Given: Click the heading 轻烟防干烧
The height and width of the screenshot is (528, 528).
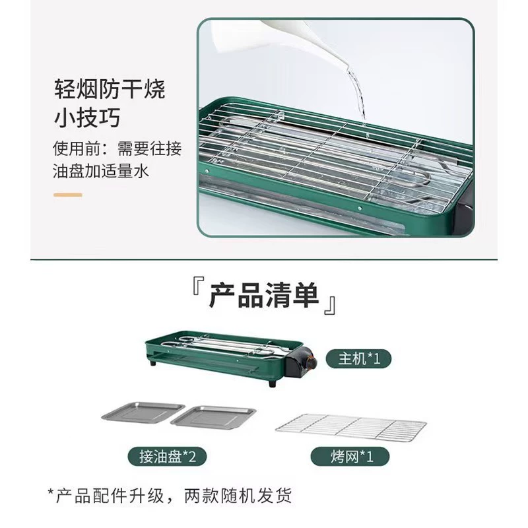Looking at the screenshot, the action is click(x=110, y=90).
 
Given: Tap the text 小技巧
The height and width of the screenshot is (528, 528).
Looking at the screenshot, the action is click(x=87, y=118).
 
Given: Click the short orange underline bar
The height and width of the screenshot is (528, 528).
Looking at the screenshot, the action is click(x=68, y=195).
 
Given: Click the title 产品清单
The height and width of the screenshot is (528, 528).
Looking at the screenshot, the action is click(x=264, y=296).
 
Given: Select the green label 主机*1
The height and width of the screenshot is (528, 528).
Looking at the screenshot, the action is click(x=358, y=358).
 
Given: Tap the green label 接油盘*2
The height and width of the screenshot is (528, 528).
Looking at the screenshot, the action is click(x=167, y=457).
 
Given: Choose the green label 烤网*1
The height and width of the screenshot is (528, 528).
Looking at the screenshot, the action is click(x=350, y=457).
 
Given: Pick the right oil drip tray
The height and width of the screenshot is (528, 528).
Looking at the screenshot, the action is click(x=213, y=418).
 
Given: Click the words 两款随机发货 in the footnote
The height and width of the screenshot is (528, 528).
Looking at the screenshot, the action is click(x=238, y=496).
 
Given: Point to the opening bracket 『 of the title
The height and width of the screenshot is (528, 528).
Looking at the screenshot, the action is click(x=198, y=286).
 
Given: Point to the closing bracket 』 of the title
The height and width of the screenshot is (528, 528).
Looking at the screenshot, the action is click(x=330, y=306).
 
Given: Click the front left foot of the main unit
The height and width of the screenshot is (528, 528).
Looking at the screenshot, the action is click(x=154, y=364).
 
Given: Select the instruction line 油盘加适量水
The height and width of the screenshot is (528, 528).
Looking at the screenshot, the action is click(x=101, y=171).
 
